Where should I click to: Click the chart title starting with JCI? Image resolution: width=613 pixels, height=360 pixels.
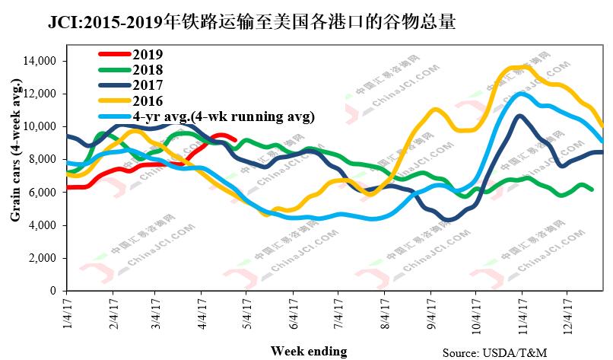pyautogui.click(x=252, y=22)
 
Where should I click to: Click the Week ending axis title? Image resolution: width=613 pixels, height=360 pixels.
pyautogui.click(x=308, y=351)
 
